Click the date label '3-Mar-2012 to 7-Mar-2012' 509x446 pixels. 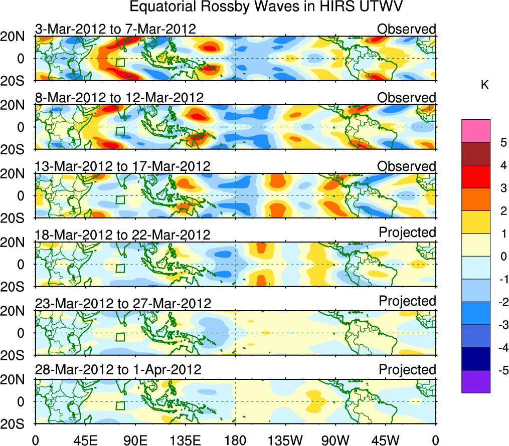click(x=115, y=29)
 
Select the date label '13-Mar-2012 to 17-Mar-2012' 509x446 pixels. click(x=122, y=166)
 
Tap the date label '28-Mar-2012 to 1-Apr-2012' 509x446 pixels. click(x=118, y=370)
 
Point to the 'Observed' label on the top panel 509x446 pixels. click(x=407, y=29)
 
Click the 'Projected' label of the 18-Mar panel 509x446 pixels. click(x=407, y=233)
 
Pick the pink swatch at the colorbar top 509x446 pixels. click(x=476, y=131)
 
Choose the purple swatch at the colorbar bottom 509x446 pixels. click(x=476, y=382)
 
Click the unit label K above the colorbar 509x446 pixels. click(x=484, y=85)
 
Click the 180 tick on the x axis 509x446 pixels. click(x=235, y=439)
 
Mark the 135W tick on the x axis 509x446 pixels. click(x=285, y=439)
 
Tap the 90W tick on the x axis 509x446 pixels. click(x=335, y=439)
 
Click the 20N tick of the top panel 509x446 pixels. click(x=16, y=37)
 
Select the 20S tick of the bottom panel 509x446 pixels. click(x=16, y=424)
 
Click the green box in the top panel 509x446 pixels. click(x=120, y=63)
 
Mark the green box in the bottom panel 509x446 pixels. click(x=120, y=406)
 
